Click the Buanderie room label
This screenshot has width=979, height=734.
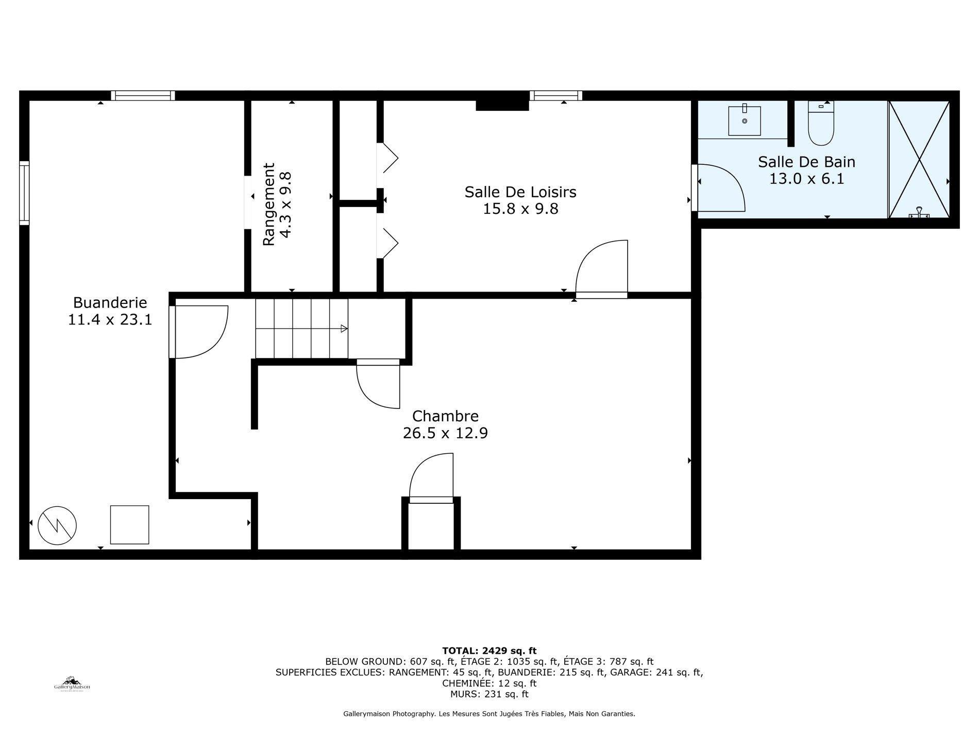[x=110, y=302]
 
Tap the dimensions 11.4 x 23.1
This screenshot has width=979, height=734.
[x=110, y=320]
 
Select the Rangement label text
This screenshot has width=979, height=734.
[x=269, y=204]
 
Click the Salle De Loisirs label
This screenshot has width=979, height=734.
[x=520, y=192]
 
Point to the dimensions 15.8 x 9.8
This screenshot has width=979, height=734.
[x=520, y=209]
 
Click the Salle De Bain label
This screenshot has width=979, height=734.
[x=806, y=162]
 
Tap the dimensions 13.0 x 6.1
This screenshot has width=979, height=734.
[x=806, y=179]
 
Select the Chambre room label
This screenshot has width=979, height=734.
[x=445, y=416]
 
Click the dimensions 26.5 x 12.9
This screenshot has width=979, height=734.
[x=445, y=433]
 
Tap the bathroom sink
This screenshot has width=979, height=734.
[x=745, y=121]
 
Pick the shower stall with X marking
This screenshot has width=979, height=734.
[x=920, y=160]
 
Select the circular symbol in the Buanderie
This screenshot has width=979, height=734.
[x=57, y=525]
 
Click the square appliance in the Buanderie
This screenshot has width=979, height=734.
[x=129, y=525]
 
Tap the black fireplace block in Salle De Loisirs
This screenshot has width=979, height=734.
[x=502, y=105]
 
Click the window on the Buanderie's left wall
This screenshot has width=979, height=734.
[x=24, y=193]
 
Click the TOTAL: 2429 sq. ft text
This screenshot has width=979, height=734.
[x=489, y=651]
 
